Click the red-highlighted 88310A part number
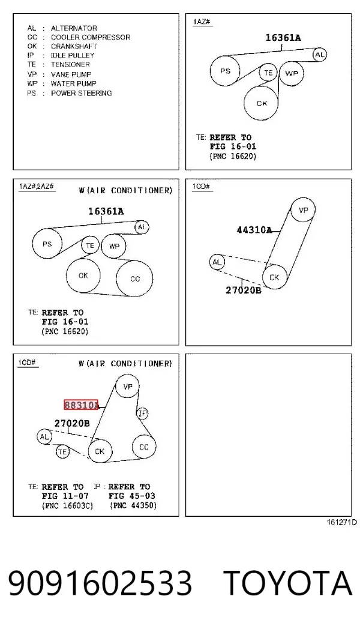[81, 405]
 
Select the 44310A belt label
[254, 230]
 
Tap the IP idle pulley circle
[143, 413]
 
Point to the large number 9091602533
[100, 583]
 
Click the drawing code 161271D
[341, 522]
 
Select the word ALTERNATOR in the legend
[74, 28]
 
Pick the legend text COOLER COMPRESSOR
[91, 37]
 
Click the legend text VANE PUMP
[71, 74]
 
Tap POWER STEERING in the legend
[81, 93]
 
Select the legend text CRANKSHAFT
[74, 46]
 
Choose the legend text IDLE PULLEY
[73, 55]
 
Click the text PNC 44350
[133, 505]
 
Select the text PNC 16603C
[67, 505]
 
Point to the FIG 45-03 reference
[132, 496]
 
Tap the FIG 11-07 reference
[65, 496]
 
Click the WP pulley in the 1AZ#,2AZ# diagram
[113, 246]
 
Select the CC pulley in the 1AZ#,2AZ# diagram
[134, 278]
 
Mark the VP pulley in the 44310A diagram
[303, 209]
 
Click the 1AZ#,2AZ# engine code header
[36, 187]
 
